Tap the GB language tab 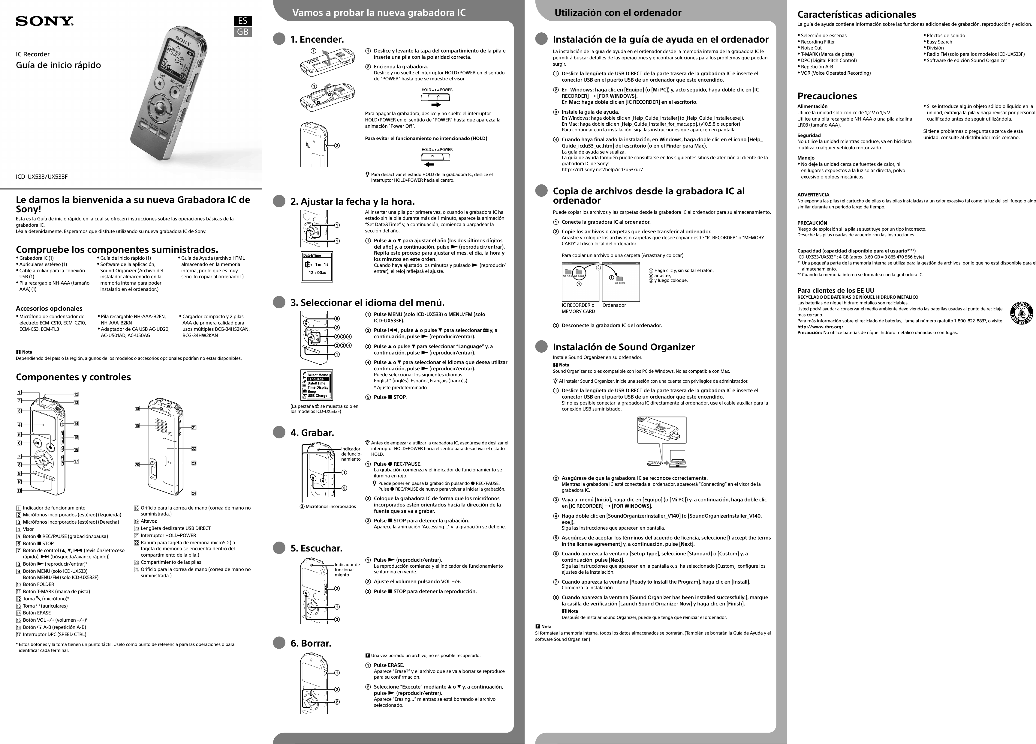[x=242, y=32]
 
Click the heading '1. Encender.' [x=317, y=40]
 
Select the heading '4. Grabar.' [x=312, y=433]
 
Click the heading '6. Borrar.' [x=311, y=643]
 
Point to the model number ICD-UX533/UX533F [x=42, y=177]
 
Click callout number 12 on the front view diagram [x=76, y=394]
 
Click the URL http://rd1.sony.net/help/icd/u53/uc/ [x=602, y=169]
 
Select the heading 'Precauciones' [x=827, y=96]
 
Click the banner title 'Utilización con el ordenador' [x=618, y=13]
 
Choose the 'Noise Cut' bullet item [x=811, y=48]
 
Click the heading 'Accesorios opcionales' [x=49, y=309]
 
